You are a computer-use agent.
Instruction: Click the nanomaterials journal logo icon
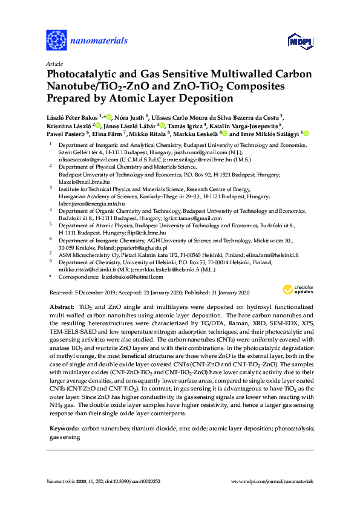click(x=56, y=41)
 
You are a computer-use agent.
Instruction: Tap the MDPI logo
click(x=299, y=41)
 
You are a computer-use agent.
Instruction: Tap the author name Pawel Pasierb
click(x=67, y=133)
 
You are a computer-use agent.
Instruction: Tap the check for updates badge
click(x=304, y=289)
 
